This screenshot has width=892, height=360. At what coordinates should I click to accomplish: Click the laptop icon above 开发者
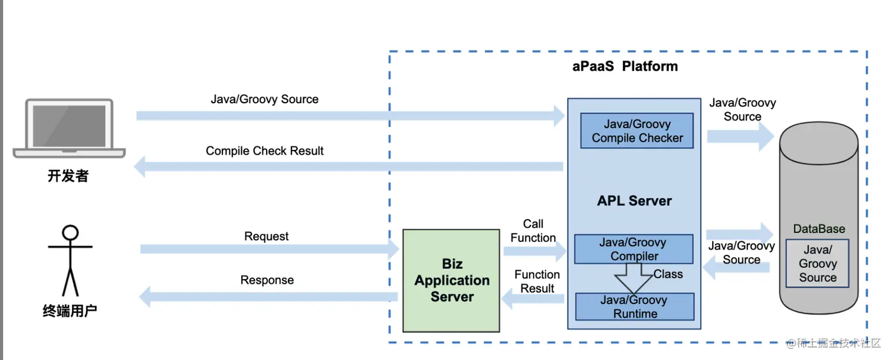tap(69, 128)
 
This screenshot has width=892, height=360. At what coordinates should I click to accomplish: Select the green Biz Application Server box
tap(451, 280)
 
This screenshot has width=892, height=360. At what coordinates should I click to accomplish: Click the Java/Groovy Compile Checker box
tap(637, 131)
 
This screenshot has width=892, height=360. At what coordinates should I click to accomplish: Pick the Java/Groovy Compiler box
tap(634, 249)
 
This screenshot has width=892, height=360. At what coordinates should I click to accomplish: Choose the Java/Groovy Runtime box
tap(635, 307)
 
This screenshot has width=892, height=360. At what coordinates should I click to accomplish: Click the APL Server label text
tap(634, 201)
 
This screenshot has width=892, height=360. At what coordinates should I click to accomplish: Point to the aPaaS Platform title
tap(625, 66)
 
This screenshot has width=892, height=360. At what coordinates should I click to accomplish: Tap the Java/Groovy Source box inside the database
tap(818, 263)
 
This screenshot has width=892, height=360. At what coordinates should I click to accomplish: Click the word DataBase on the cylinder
tap(819, 229)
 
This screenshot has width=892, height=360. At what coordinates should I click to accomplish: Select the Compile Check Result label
tap(264, 151)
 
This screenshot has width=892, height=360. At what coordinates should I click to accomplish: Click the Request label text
tap(267, 237)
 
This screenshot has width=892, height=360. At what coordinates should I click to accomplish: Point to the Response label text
tap(267, 280)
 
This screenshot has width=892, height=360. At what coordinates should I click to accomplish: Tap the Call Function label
tap(533, 231)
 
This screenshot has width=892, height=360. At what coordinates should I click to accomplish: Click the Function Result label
tap(537, 282)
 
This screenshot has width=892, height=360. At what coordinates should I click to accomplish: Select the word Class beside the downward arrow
tap(668, 274)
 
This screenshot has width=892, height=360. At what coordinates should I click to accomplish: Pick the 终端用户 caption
tap(70, 312)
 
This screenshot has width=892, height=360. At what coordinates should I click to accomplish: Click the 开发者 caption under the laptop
tap(68, 176)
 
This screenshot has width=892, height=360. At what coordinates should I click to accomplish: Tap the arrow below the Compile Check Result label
tap(348, 168)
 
